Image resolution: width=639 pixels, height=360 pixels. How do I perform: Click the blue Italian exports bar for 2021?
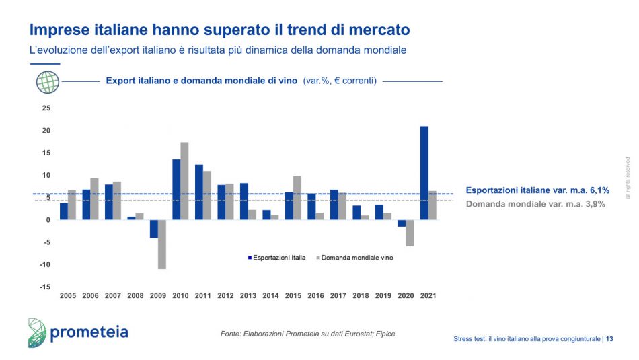click(x=424, y=173)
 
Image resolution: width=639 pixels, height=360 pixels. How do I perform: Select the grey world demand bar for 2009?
click(x=161, y=244)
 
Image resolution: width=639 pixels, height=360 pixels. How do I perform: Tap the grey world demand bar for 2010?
click(x=184, y=181)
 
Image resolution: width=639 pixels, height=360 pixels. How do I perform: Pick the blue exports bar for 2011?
click(x=199, y=192)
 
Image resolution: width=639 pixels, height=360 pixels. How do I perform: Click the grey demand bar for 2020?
click(x=410, y=233)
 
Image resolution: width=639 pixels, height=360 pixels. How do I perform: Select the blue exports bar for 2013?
click(x=243, y=201)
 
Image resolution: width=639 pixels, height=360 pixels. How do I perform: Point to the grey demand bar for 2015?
click(x=297, y=198)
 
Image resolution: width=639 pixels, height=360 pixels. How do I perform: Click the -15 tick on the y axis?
click(x=44, y=287)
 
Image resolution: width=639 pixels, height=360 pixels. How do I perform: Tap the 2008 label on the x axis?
click(x=135, y=295)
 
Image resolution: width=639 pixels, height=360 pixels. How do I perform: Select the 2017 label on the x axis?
click(x=338, y=295)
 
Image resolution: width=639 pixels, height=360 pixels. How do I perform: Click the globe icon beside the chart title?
click(x=48, y=81)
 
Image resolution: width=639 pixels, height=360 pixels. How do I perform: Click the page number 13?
click(x=609, y=339)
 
